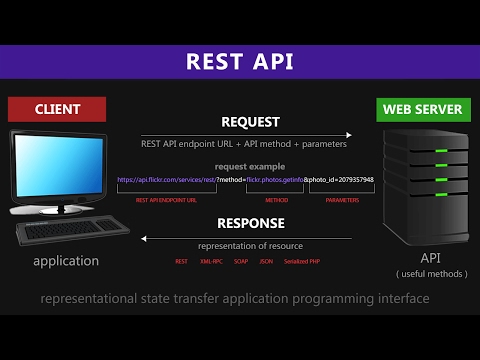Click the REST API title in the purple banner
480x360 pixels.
click(240, 62)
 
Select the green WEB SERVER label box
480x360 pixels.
click(422, 107)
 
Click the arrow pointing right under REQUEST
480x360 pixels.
click(245, 135)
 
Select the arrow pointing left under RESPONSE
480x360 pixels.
click(245, 238)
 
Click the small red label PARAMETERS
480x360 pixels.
click(342, 200)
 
